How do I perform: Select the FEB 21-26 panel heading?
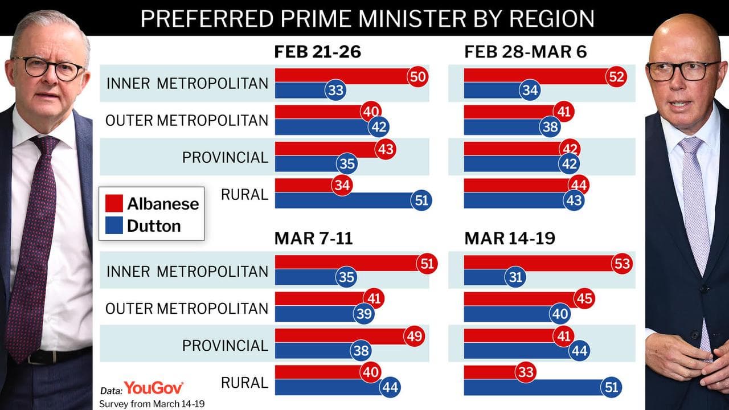click(318, 52)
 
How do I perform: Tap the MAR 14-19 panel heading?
click(509, 238)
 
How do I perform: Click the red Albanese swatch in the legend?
click(114, 203)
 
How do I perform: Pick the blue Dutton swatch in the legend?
click(114, 226)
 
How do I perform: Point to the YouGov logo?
click(154, 388)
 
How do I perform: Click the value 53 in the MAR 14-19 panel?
click(622, 264)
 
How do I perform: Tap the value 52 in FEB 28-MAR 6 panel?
click(617, 76)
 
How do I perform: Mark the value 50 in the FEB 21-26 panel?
click(417, 76)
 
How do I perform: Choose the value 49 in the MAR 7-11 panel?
click(414, 336)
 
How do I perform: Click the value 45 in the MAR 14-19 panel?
click(584, 298)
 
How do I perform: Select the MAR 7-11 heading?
click(314, 238)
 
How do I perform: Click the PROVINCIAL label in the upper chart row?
click(225, 157)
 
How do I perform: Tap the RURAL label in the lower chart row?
click(244, 382)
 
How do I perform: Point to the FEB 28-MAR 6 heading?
click(526, 52)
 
